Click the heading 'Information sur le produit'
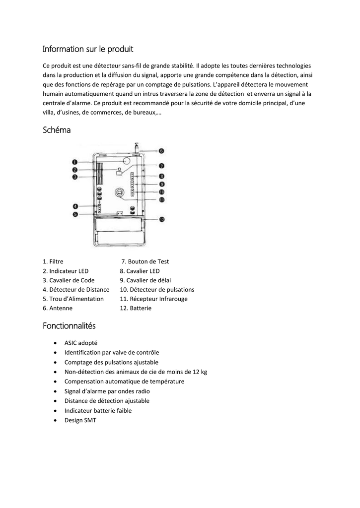(x=87, y=49)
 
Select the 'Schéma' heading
(x=57, y=130)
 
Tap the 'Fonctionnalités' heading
(x=69, y=326)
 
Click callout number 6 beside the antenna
(x=161, y=151)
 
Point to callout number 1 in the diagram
(x=74, y=162)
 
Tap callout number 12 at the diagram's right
(x=161, y=219)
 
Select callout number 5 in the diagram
(x=75, y=214)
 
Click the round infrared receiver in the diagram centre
(x=119, y=191)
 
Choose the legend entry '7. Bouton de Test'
(x=145, y=261)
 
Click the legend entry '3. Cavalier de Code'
(x=69, y=280)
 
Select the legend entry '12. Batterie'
(x=136, y=308)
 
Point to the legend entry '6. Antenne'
(x=58, y=308)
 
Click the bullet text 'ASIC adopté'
(x=81, y=343)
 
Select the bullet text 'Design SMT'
(x=80, y=420)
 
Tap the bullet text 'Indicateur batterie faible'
(x=98, y=410)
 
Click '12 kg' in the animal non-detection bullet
(x=200, y=372)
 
